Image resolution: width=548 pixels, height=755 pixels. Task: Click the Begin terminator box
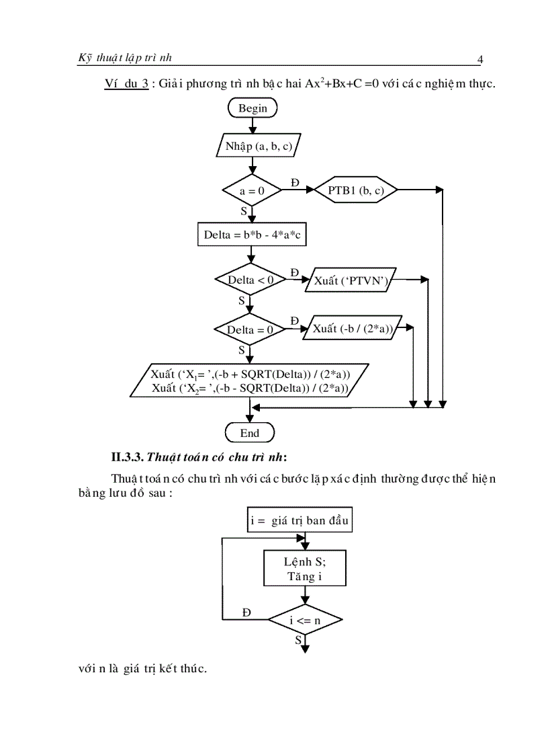click(253, 108)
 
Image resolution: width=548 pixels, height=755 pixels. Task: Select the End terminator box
click(250, 433)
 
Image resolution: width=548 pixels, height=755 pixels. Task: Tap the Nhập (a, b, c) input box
click(259, 146)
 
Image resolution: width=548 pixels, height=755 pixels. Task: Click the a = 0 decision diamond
click(252, 191)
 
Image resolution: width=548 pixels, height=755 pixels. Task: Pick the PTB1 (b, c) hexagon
click(356, 191)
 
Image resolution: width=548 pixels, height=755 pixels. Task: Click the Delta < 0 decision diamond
click(250, 280)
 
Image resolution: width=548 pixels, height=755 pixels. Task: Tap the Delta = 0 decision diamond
click(250, 329)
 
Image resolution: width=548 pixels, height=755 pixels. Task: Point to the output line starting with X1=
click(250, 374)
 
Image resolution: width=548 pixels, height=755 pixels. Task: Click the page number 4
click(479, 60)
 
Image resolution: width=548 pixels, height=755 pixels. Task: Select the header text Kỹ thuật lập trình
click(125, 58)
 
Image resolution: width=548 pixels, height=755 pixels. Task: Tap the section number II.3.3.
click(127, 458)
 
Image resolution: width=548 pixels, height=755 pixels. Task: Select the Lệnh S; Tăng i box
click(305, 569)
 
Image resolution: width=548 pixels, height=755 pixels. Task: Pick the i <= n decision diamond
click(305, 620)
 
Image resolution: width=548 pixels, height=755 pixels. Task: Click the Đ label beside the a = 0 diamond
click(294, 183)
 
